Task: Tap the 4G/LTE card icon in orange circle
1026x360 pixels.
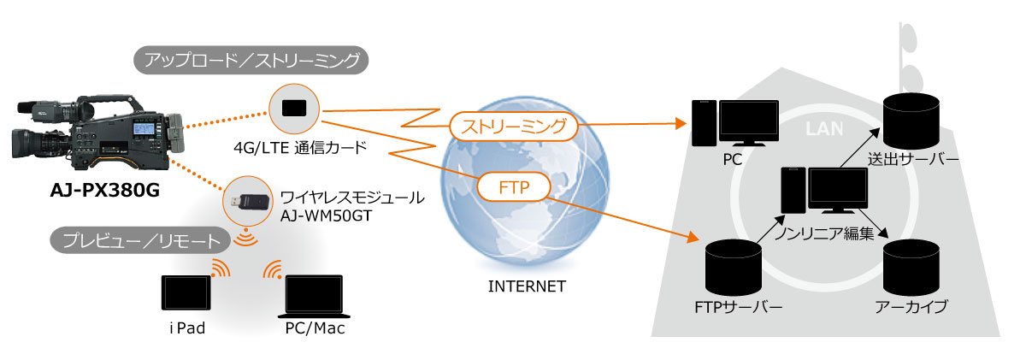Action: click(295, 108)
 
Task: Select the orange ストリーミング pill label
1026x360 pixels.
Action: click(513, 127)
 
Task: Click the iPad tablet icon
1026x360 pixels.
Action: click(185, 292)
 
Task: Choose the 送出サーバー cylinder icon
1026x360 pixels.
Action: click(911, 120)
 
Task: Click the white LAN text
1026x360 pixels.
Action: click(824, 128)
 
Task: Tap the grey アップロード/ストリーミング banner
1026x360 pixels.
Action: click(252, 61)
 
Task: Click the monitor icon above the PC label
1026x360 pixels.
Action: click(748, 123)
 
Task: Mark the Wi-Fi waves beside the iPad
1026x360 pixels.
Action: click(220, 269)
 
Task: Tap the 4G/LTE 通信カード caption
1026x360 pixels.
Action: click(300, 148)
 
